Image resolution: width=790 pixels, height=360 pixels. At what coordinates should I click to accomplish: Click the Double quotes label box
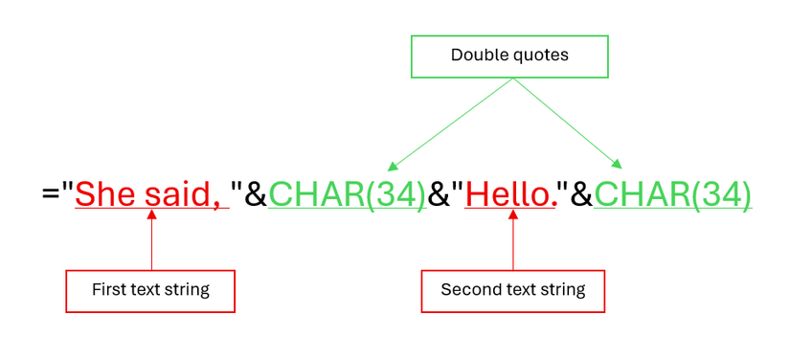click(509, 56)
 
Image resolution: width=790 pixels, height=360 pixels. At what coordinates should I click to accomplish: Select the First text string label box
click(150, 290)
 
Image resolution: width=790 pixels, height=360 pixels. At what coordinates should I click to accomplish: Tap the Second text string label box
click(512, 290)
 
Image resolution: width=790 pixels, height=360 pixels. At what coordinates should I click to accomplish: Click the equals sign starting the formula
click(50, 194)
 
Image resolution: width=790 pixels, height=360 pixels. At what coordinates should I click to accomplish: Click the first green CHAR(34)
click(347, 194)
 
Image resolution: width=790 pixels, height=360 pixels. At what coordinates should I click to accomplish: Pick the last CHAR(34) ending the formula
click(672, 194)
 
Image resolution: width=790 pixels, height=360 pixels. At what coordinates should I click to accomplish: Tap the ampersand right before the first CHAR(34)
click(256, 194)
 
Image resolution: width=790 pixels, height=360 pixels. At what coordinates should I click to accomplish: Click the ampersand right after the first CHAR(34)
click(439, 194)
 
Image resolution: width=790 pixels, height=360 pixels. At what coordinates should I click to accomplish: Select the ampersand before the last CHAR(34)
click(581, 194)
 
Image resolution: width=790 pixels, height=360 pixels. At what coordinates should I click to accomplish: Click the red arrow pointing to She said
click(152, 239)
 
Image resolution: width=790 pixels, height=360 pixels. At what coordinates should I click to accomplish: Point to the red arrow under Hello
click(512, 239)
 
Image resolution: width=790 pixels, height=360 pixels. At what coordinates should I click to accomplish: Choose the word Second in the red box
click(468, 290)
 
